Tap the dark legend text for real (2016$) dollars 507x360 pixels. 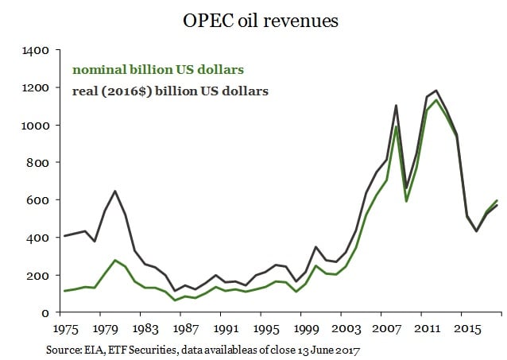[169, 91]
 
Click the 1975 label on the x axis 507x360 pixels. [65, 327]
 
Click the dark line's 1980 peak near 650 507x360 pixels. [115, 191]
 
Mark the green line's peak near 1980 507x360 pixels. [115, 261]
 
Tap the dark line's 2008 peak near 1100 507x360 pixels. [395, 105]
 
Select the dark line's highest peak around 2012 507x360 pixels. [435, 91]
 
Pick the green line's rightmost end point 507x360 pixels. [497, 201]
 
